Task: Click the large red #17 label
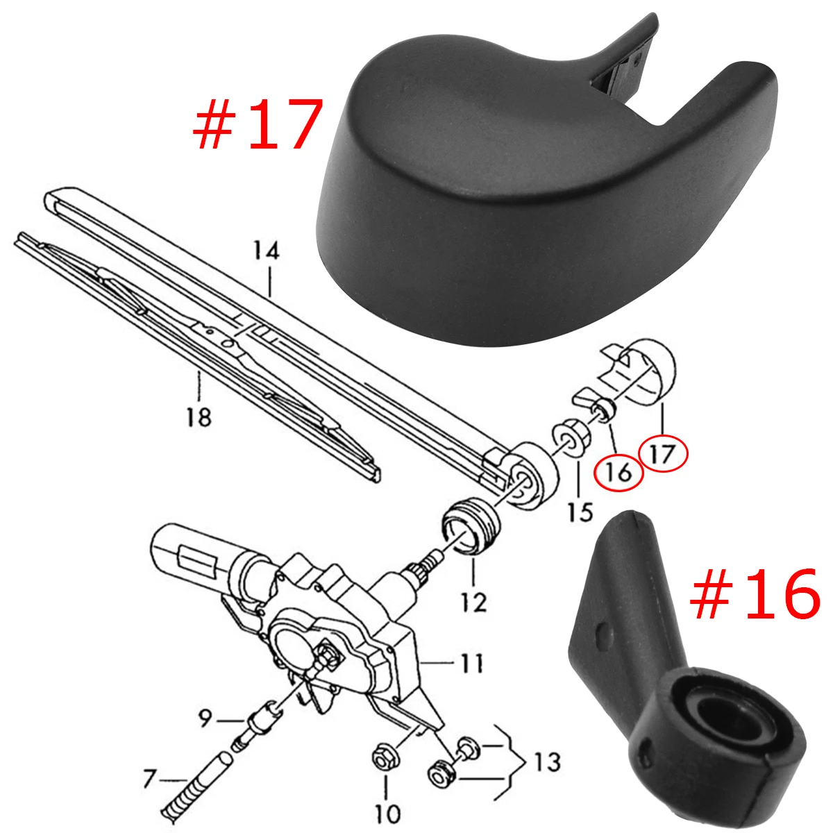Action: [x=258, y=124]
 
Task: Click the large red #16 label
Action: [x=755, y=594]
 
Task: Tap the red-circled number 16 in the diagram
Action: [x=619, y=473]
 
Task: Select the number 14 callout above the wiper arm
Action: [x=267, y=251]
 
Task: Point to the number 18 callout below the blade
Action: [x=199, y=418]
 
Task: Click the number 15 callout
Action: [x=580, y=513]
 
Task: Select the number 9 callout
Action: [x=205, y=719]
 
